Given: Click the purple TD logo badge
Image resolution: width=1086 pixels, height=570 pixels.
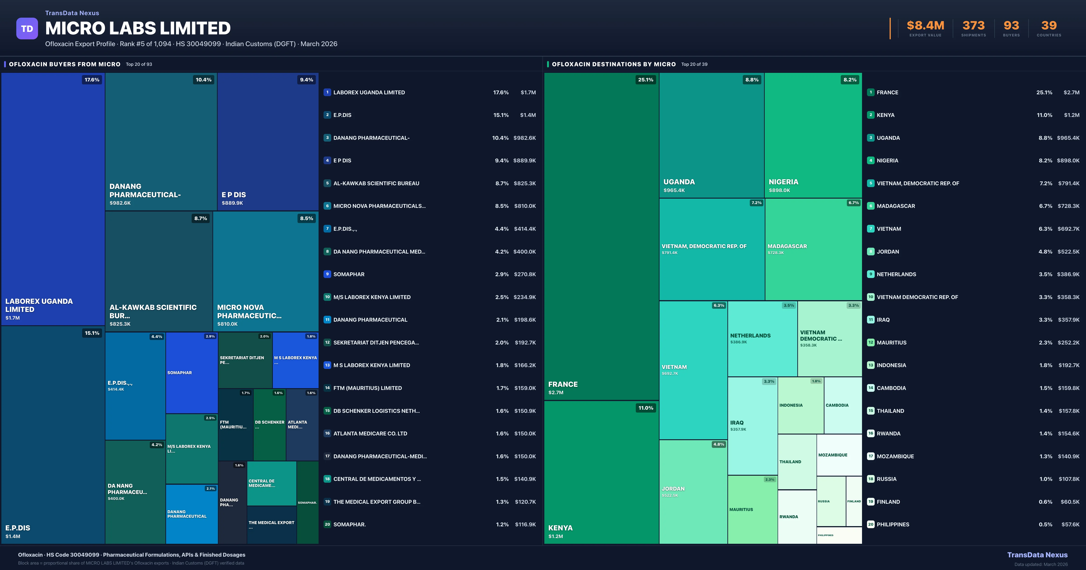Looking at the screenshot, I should click(27, 29).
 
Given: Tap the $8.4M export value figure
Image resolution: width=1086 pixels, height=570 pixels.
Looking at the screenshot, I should click(925, 26).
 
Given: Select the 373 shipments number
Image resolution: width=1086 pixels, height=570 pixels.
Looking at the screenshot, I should click(973, 26).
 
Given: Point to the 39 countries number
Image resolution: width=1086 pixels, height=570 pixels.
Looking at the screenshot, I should click(1049, 26).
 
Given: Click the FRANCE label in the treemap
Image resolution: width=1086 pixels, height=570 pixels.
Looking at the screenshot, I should click(563, 384).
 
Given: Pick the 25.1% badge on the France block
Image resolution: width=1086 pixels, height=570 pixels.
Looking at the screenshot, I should click(645, 80).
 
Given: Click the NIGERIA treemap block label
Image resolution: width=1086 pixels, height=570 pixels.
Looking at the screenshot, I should click(783, 182).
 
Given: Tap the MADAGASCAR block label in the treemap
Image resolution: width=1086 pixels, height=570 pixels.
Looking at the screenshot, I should click(787, 246).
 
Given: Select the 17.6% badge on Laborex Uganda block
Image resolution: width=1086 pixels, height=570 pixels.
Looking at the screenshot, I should click(92, 80).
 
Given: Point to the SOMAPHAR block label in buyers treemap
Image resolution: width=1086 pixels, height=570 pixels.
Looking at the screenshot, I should click(180, 373).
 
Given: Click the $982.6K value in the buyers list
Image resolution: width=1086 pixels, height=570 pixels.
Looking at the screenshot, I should click(524, 138).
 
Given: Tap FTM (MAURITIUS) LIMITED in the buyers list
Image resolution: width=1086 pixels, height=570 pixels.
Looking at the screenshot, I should click(367, 388).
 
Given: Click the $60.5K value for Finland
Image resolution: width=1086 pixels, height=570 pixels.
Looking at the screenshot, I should click(1070, 502).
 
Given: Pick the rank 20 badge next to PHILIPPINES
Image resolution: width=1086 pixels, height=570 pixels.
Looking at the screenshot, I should click(871, 525).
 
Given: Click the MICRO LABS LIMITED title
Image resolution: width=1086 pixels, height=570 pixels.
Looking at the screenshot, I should click(138, 28).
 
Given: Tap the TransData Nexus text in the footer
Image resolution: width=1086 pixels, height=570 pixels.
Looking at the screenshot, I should click(1037, 555).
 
